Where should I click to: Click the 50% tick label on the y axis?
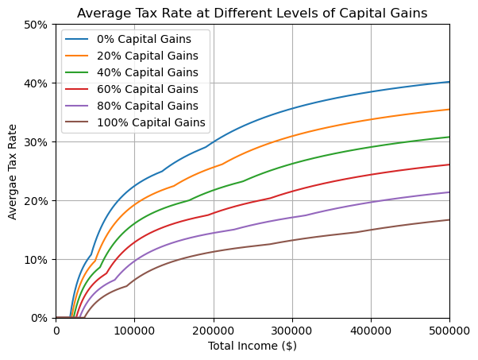[37, 25]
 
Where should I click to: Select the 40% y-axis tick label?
[37, 83]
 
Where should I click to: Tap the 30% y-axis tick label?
[37, 142]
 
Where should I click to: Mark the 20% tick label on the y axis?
[37, 201]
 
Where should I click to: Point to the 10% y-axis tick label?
[37, 260]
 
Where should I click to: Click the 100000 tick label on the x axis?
[134, 330]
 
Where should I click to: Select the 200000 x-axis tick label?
[213, 330]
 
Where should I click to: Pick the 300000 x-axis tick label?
[292, 330]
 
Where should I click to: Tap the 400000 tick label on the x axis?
[371, 330]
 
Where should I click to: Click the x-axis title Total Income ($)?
[252, 346]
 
